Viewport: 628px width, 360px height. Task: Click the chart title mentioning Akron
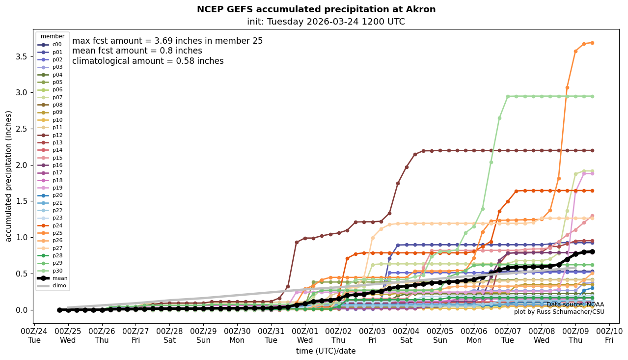click(x=316, y=9)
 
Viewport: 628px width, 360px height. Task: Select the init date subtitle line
click(x=326, y=22)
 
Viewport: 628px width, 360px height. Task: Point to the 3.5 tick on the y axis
click(x=21, y=56)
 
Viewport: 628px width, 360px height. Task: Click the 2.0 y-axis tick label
click(x=21, y=165)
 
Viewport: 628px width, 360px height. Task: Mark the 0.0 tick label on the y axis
click(x=21, y=310)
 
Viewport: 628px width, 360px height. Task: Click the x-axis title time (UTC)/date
click(x=326, y=351)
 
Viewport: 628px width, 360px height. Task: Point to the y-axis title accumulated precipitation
click(x=8, y=176)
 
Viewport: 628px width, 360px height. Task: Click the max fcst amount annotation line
click(x=167, y=41)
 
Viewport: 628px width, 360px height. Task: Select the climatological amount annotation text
click(x=148, y=61)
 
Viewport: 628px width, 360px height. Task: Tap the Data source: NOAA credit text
click(x=575, y=305)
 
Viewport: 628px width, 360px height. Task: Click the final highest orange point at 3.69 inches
click(x=592, y=43)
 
